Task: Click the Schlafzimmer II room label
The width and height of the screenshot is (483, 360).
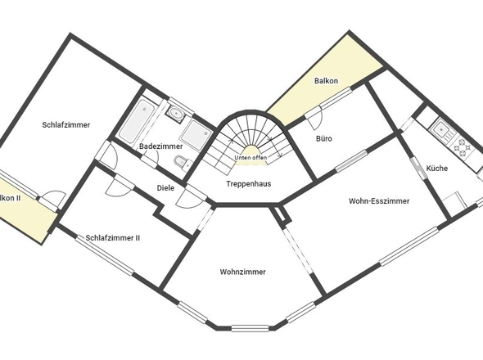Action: pyautogui.click(x=113, y=238)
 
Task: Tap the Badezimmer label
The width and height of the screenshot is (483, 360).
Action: pyautogui.click(x=160, y=146)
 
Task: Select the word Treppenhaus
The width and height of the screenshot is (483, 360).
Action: pyautogui.click(x=249, y=184)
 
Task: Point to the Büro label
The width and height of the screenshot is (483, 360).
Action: pyautogui.click(x=323, y=139)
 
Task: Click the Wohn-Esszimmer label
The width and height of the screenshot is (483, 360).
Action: pyautogui.click(x=379, y=200)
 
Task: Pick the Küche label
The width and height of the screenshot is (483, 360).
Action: pyautogui.click(x=436, y=169)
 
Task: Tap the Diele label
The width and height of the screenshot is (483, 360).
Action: pyautogui.click(x=165, y=188)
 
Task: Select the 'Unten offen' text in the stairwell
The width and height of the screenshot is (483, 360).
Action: pyautogui.click(x=250, y=157)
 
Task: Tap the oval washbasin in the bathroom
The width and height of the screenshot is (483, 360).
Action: pyautogui.click(x=176, y=112)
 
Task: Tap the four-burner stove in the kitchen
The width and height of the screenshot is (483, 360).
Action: pyautogui.click(x=464, y=147)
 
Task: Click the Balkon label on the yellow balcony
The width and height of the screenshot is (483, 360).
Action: pyautogui.click(x=326, y=82)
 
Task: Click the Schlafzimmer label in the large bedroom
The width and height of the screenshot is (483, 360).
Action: pyautogui.click(x=66, y=125)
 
